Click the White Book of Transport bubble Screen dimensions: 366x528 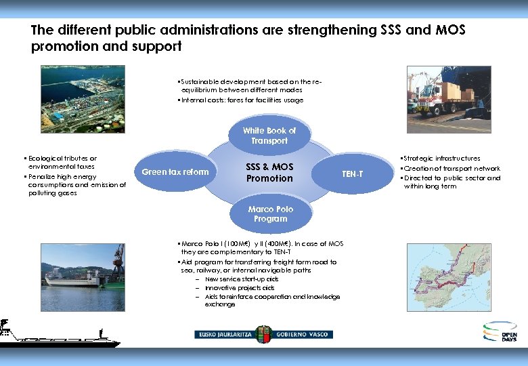tap(269, 136)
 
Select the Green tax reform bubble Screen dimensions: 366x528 tap(175, 172)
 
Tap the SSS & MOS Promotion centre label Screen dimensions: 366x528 tap(269, 172)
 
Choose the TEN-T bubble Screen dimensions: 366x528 tap(352, 174)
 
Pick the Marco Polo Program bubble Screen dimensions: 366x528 tap(271, 214)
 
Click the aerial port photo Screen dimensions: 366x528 tap(83, 98)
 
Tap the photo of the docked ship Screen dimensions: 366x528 tap(83, 277)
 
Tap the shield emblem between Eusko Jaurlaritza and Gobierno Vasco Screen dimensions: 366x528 tap(265, 334)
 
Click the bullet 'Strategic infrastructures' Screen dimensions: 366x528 tap(441, 159)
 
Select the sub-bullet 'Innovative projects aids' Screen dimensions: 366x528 tap(239, 288)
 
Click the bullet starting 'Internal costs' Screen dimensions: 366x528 tap(240, 100)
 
